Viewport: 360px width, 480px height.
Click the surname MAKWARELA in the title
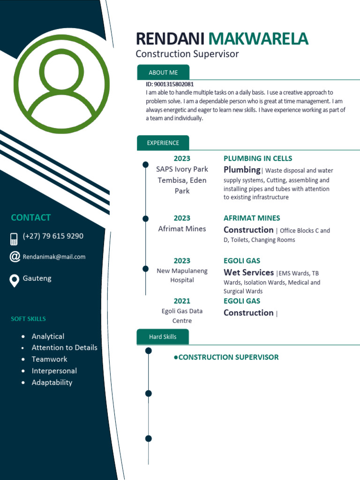pyautogui.click(x=258, y=39)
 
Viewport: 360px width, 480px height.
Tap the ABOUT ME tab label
pyautogui.click(x=163, y=73)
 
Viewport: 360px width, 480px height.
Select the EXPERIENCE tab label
pyautogui.click(x=163, y=143)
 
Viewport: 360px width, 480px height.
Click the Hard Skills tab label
pyautogui.click(x=163, y=337)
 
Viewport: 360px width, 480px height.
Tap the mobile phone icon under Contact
pyautogui.click(x=14, y=239)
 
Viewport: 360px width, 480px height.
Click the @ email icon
pyautogui.click(x=15, y=256)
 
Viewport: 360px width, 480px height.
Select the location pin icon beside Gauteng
pyautogui.click(x=15, y=280)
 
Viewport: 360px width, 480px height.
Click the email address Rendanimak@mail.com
pyautogui.click(x=54, y=257)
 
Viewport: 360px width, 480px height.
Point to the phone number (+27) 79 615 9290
pyautogui.click(x=53, y=236)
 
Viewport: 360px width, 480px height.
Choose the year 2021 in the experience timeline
pyautogui.click(x=182, y=301)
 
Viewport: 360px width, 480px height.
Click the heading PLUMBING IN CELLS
pyautogui.click(x=258, y=158)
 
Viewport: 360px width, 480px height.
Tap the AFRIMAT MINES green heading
pyautogui.click(x=252, y=218)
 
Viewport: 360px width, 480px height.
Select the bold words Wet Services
pyautogui.click(x=248, y=272)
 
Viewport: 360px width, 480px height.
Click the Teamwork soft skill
pyautogui.click(x=49, y=359)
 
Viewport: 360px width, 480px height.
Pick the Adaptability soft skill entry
pyautogui.click(x=52, y=382)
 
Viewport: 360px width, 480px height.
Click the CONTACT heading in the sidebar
pyautogui.click(x=30, y=217)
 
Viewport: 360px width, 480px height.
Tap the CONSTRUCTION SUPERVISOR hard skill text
pyautogui.click(x=228, y=357)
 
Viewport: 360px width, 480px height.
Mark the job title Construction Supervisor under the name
pyautogui.click(x=187, y=54)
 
